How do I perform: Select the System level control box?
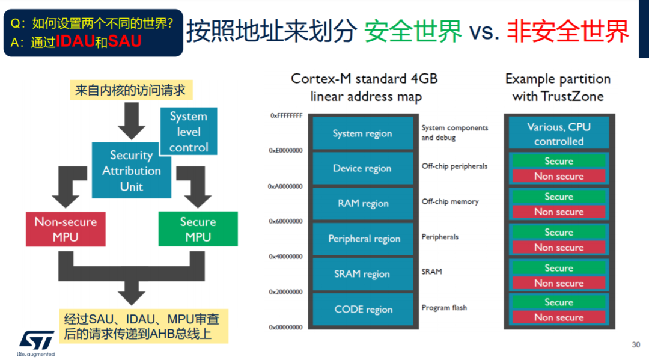pyautogui.click(x=189, y=131)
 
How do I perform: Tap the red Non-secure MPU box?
pyautogui.click(x=66, y=229)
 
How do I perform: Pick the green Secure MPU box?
pyautogui.click(x=198, y=229)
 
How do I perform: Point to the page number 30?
pyautogui.click(x=636, y=345)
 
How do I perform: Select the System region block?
pyautogui.click(x=362, y=133)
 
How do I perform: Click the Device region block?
pyautogui.click(x=362, y=168)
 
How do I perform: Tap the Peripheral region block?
pyautogui.click(x=362, y=239)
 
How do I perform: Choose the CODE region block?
pyautogui.click(x=362, y=309)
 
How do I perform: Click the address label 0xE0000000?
pyautogui.click(x=285, y=151)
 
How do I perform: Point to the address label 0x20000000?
pyautogui.click(x=285, y=291)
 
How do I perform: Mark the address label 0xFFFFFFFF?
pyautogui.click(x=287, y=115)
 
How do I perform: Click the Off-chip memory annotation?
pyautogui.click(x=450, y=201)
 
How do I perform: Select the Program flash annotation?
pyautogui.click(x=444, y=308)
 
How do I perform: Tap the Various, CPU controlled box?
pyautogui.click(x=559, y=133)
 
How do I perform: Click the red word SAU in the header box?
pyautogui.click(x=124, y=41)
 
